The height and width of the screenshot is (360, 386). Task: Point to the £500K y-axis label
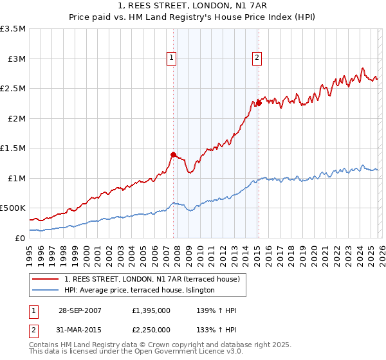pyautogui.click(x=13, y=208)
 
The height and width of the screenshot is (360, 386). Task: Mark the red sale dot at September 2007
pyautogui.click(x=174, y=154)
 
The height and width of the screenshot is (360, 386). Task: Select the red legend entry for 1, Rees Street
pyautogui.click(x=152, y=279)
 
